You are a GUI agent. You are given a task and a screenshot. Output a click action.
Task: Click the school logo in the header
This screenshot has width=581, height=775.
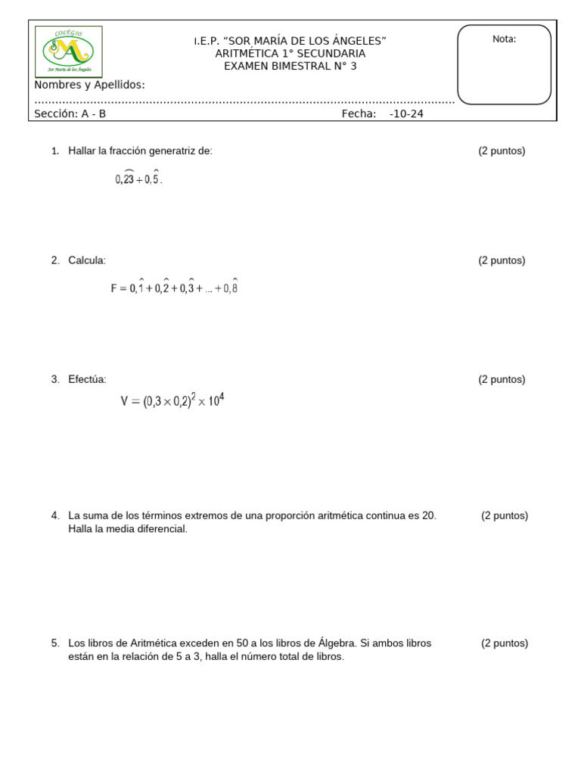pos(69,51)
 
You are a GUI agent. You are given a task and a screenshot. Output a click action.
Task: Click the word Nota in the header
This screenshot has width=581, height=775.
pos(504,39)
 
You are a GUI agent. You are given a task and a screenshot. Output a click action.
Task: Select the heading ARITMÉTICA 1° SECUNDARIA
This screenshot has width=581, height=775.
pos(290,53)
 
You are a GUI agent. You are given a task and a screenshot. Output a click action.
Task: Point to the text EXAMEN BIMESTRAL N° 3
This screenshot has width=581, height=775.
pos(290,66)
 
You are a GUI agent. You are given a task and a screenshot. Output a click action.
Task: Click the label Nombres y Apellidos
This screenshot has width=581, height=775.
pos(89,85)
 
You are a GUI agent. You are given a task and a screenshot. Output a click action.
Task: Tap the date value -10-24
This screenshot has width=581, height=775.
pos(406,114)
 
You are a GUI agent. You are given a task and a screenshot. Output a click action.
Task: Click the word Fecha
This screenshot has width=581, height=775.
pos(359,114)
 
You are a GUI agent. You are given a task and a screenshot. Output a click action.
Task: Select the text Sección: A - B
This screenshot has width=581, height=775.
pos(70,114)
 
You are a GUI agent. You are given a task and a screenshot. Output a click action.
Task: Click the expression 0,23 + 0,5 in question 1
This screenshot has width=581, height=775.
pos(138,178)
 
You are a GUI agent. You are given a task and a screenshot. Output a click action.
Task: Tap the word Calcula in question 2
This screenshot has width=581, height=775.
pos(87,260)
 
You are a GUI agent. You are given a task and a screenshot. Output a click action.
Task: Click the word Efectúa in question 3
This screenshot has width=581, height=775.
pos(87,379)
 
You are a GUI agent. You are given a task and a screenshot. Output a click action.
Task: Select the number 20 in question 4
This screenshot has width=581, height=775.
pos(428,515)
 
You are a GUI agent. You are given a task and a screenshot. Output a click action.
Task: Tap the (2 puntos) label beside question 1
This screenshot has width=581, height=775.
pos(502,151)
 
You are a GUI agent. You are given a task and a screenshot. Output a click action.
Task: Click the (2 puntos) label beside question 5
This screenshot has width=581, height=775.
pos(505,643)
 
